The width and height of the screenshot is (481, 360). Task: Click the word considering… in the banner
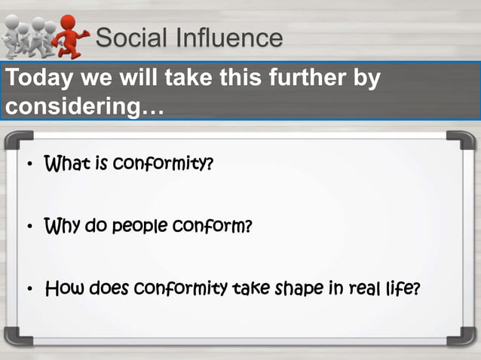(84, 106)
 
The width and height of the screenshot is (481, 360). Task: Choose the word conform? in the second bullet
(213, 225)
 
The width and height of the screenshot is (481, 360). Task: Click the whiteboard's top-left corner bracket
(17, 142)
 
